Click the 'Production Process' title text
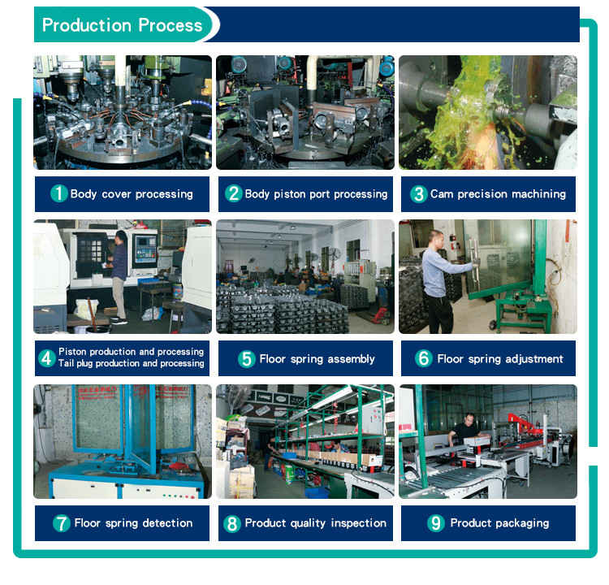point(122,25)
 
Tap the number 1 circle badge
point(59,193)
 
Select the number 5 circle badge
point(247,358)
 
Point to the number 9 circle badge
point(436,522)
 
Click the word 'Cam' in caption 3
point(442,193)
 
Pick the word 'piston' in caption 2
point(288,194)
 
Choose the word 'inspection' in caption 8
point(358,523)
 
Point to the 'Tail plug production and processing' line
point(132,363)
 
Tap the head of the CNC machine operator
point(121,236)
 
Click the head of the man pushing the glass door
point(436,239)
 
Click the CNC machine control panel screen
point(143,242)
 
